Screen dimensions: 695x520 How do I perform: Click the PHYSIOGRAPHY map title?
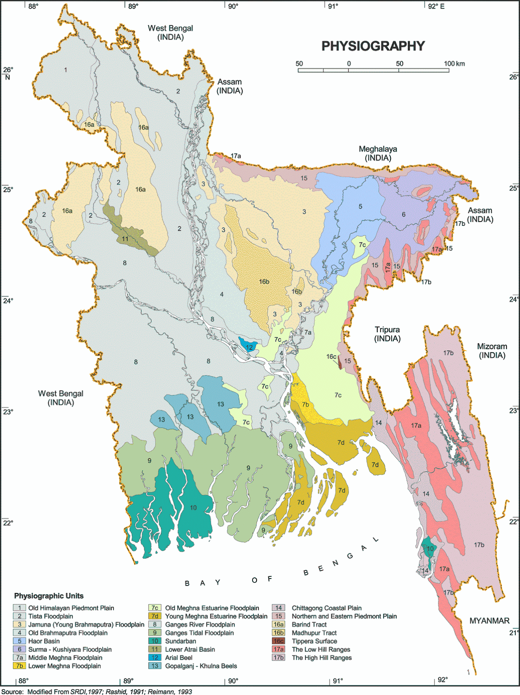click(373, 46)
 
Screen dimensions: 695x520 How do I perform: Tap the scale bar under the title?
click(373, 70)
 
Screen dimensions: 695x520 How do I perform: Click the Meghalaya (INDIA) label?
click(377, 153)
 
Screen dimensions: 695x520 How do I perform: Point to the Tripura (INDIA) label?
click(387, 334)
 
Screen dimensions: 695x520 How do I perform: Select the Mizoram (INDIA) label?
click(492, 351)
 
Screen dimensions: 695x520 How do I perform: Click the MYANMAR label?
click(489, 621)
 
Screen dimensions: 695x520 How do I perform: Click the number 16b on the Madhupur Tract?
click(264, 281)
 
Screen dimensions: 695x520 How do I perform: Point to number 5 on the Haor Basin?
click(360, 206)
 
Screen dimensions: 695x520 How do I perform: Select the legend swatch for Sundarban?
click(154, 641)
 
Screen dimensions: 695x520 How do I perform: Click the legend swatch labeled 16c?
click(278, 641)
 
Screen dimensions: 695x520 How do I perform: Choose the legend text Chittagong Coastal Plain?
click(326, 608)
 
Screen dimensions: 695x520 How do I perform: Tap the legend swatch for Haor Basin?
click(20, 641)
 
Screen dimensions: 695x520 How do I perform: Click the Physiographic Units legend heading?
click(49, 596)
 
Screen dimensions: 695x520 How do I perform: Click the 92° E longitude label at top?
click(436, 7)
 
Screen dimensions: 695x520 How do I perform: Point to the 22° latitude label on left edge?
click(8, 523)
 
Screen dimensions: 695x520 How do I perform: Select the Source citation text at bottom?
click(97, 692)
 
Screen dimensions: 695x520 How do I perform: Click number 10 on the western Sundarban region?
click(193, 507)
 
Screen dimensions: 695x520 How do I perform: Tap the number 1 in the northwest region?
click(66, 69)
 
